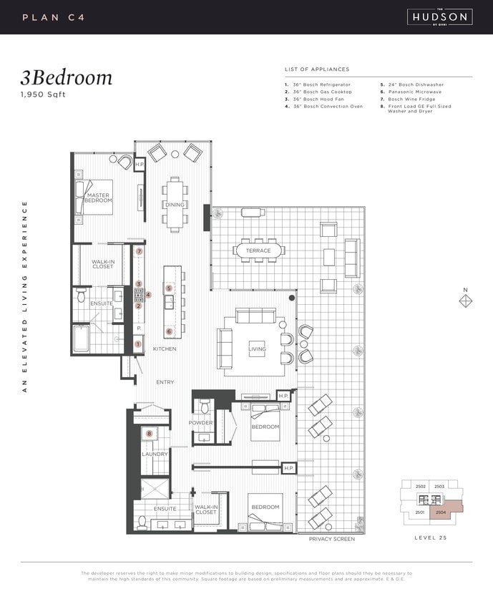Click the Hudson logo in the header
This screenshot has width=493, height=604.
coord(439,16)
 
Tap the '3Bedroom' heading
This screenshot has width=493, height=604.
coord(67,77)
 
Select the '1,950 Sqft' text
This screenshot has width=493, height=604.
coord(43,94)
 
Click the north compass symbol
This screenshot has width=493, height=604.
coord(465,302)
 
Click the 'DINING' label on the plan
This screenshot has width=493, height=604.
coord(175,205)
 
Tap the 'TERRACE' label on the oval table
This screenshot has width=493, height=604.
coord(258,250)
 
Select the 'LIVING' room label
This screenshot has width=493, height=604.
coord(257,349)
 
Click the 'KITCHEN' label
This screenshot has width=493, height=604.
coord(165,349)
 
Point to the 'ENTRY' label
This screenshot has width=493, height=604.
coord(165,382)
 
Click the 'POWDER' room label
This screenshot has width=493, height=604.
coord(200,423)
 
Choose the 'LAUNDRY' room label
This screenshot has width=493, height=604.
coord(155,454)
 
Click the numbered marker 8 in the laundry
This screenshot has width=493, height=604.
coord(150,434)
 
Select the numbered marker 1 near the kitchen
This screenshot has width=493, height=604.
coord(138,344)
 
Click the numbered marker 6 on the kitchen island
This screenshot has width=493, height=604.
coord(170,331)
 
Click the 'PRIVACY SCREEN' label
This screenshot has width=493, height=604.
coord(331,539)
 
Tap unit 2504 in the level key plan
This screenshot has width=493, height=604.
coord(442,512)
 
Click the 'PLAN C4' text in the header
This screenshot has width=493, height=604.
coord(54,16)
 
